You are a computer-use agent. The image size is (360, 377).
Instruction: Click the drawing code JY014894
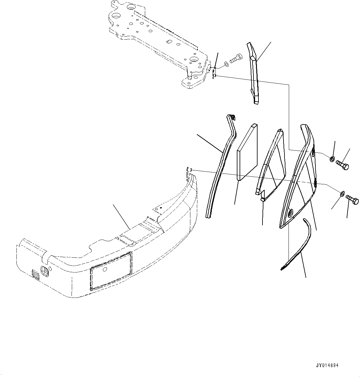pyautogui.click(x=327, y=365)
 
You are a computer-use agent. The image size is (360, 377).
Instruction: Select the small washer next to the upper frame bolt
pyautogui.click(x=226, y=64)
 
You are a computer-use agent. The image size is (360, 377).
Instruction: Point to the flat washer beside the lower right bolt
pyautogui.click(x=341, y=194)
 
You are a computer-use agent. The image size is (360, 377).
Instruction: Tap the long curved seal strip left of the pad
pyautogui.click(x=221, y=167)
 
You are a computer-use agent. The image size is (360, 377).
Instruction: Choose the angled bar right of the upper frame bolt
pyautogui.click(x=253, y=73)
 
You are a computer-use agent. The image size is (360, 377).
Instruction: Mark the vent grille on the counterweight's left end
pyautogui.click(x=36, y=275)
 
